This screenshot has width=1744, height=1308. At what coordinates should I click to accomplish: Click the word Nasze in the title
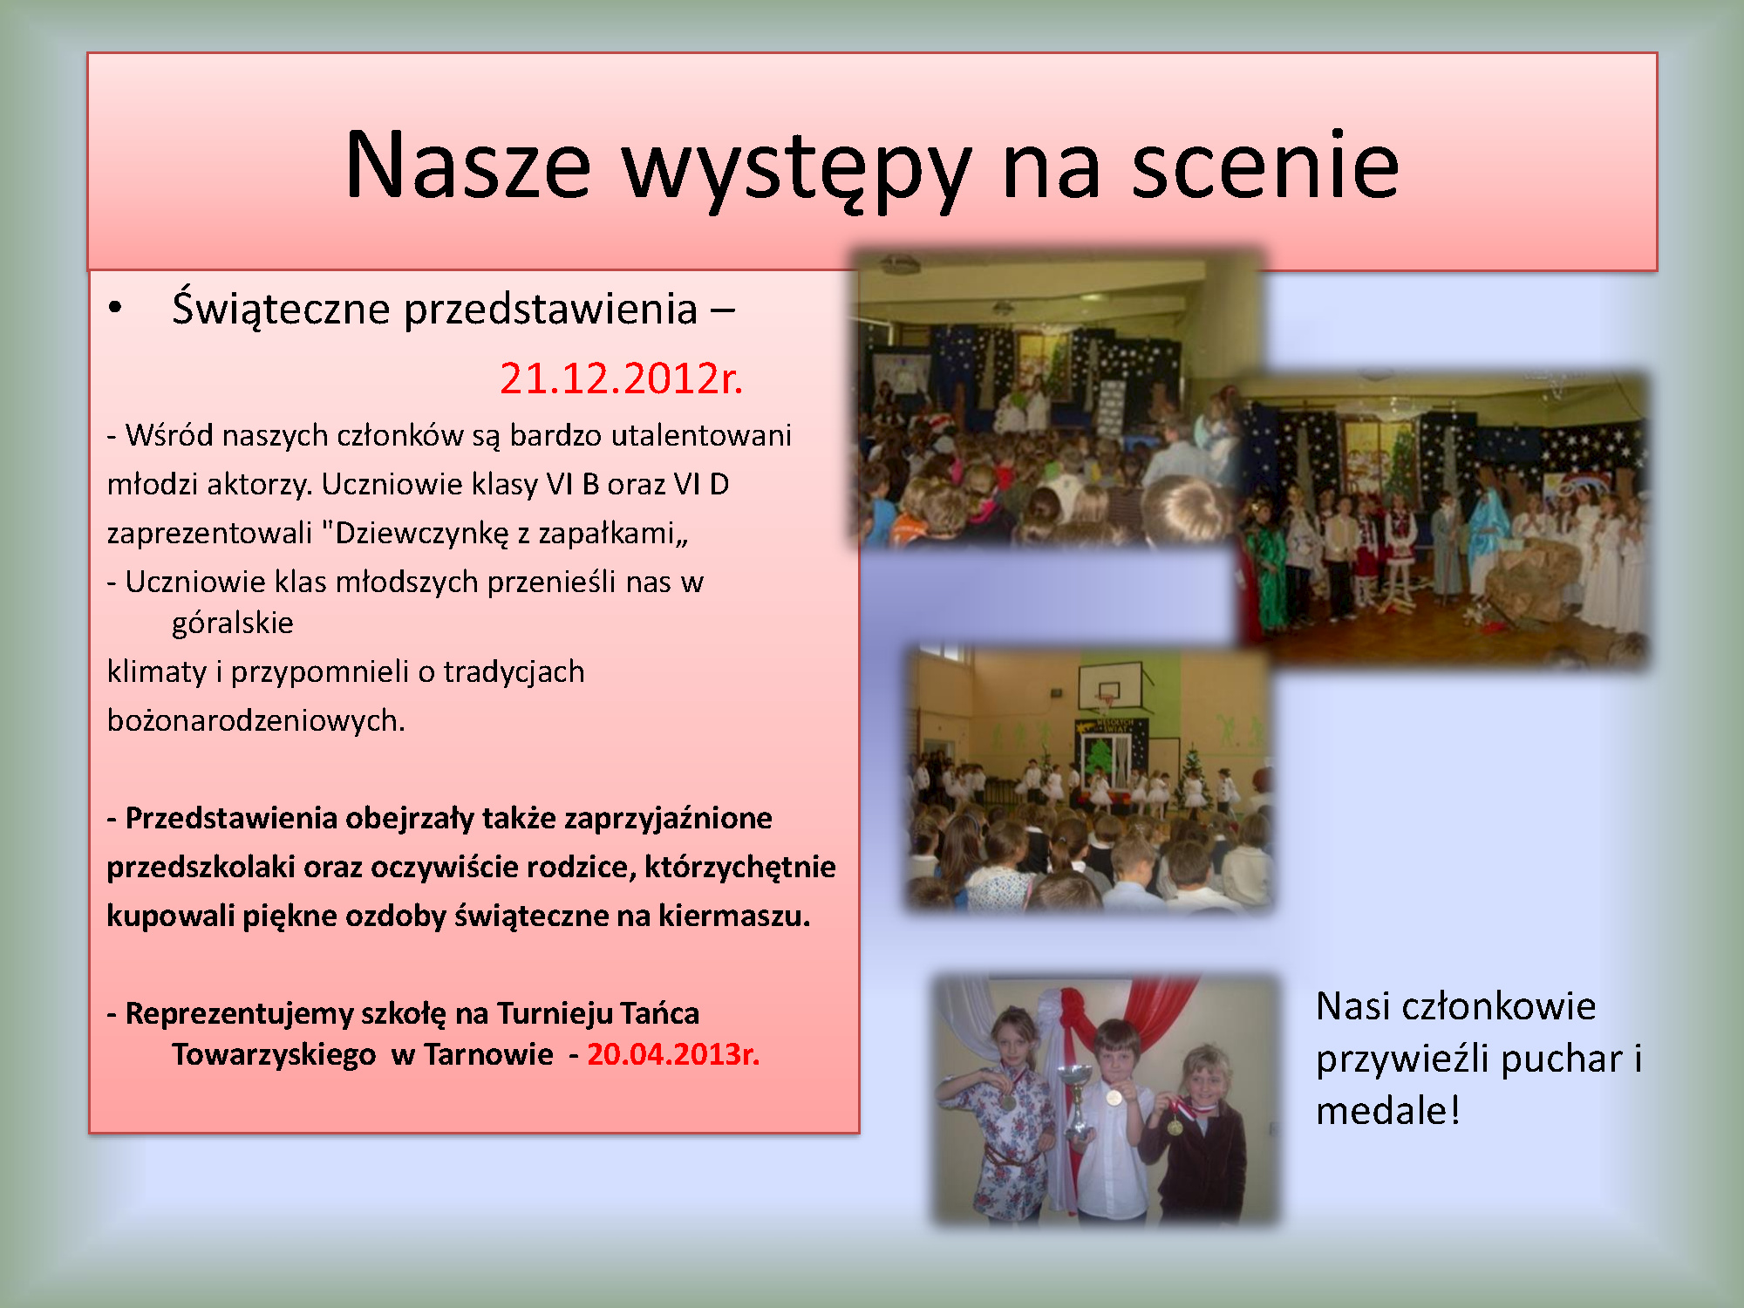468,165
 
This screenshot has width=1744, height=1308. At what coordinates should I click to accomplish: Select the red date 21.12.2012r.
621,378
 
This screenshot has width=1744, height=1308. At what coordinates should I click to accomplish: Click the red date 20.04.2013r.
673,1054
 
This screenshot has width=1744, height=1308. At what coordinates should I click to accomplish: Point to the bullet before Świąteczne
115,308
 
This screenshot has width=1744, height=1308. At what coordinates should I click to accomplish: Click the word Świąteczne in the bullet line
282,310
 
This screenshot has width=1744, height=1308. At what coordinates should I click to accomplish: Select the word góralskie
233,623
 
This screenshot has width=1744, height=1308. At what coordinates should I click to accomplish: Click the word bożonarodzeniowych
256,721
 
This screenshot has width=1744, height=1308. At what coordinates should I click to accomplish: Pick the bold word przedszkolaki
201,868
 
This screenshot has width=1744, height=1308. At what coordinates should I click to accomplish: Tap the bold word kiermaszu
734,916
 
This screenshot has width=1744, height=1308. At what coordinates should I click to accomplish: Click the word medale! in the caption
1387,1111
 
